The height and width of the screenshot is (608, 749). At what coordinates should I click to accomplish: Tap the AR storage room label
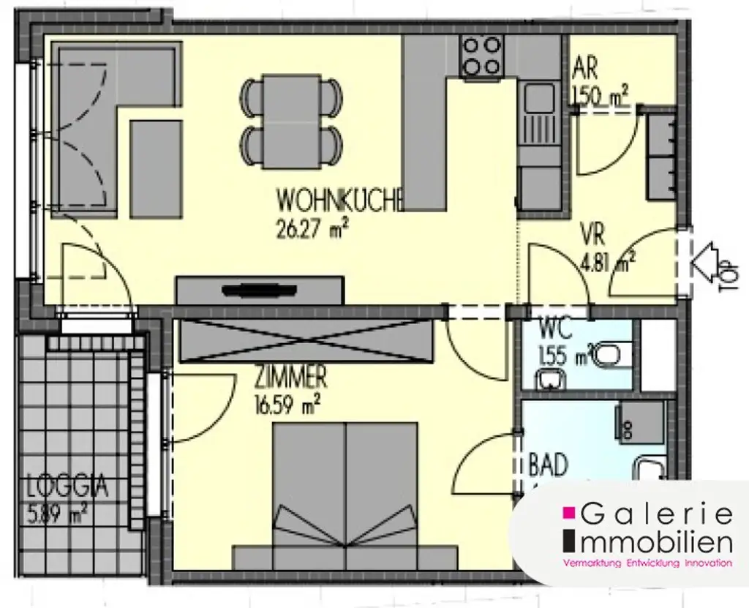(x=586, y=70)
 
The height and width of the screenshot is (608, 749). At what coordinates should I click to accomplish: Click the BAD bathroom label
(x=549, y=465)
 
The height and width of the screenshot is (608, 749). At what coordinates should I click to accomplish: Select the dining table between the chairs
(x=292, y=121)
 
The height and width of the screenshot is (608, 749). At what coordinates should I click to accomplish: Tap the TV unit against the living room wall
(x=260, y=290)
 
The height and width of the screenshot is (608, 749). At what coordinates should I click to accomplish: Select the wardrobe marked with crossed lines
(x=306, y=341)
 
